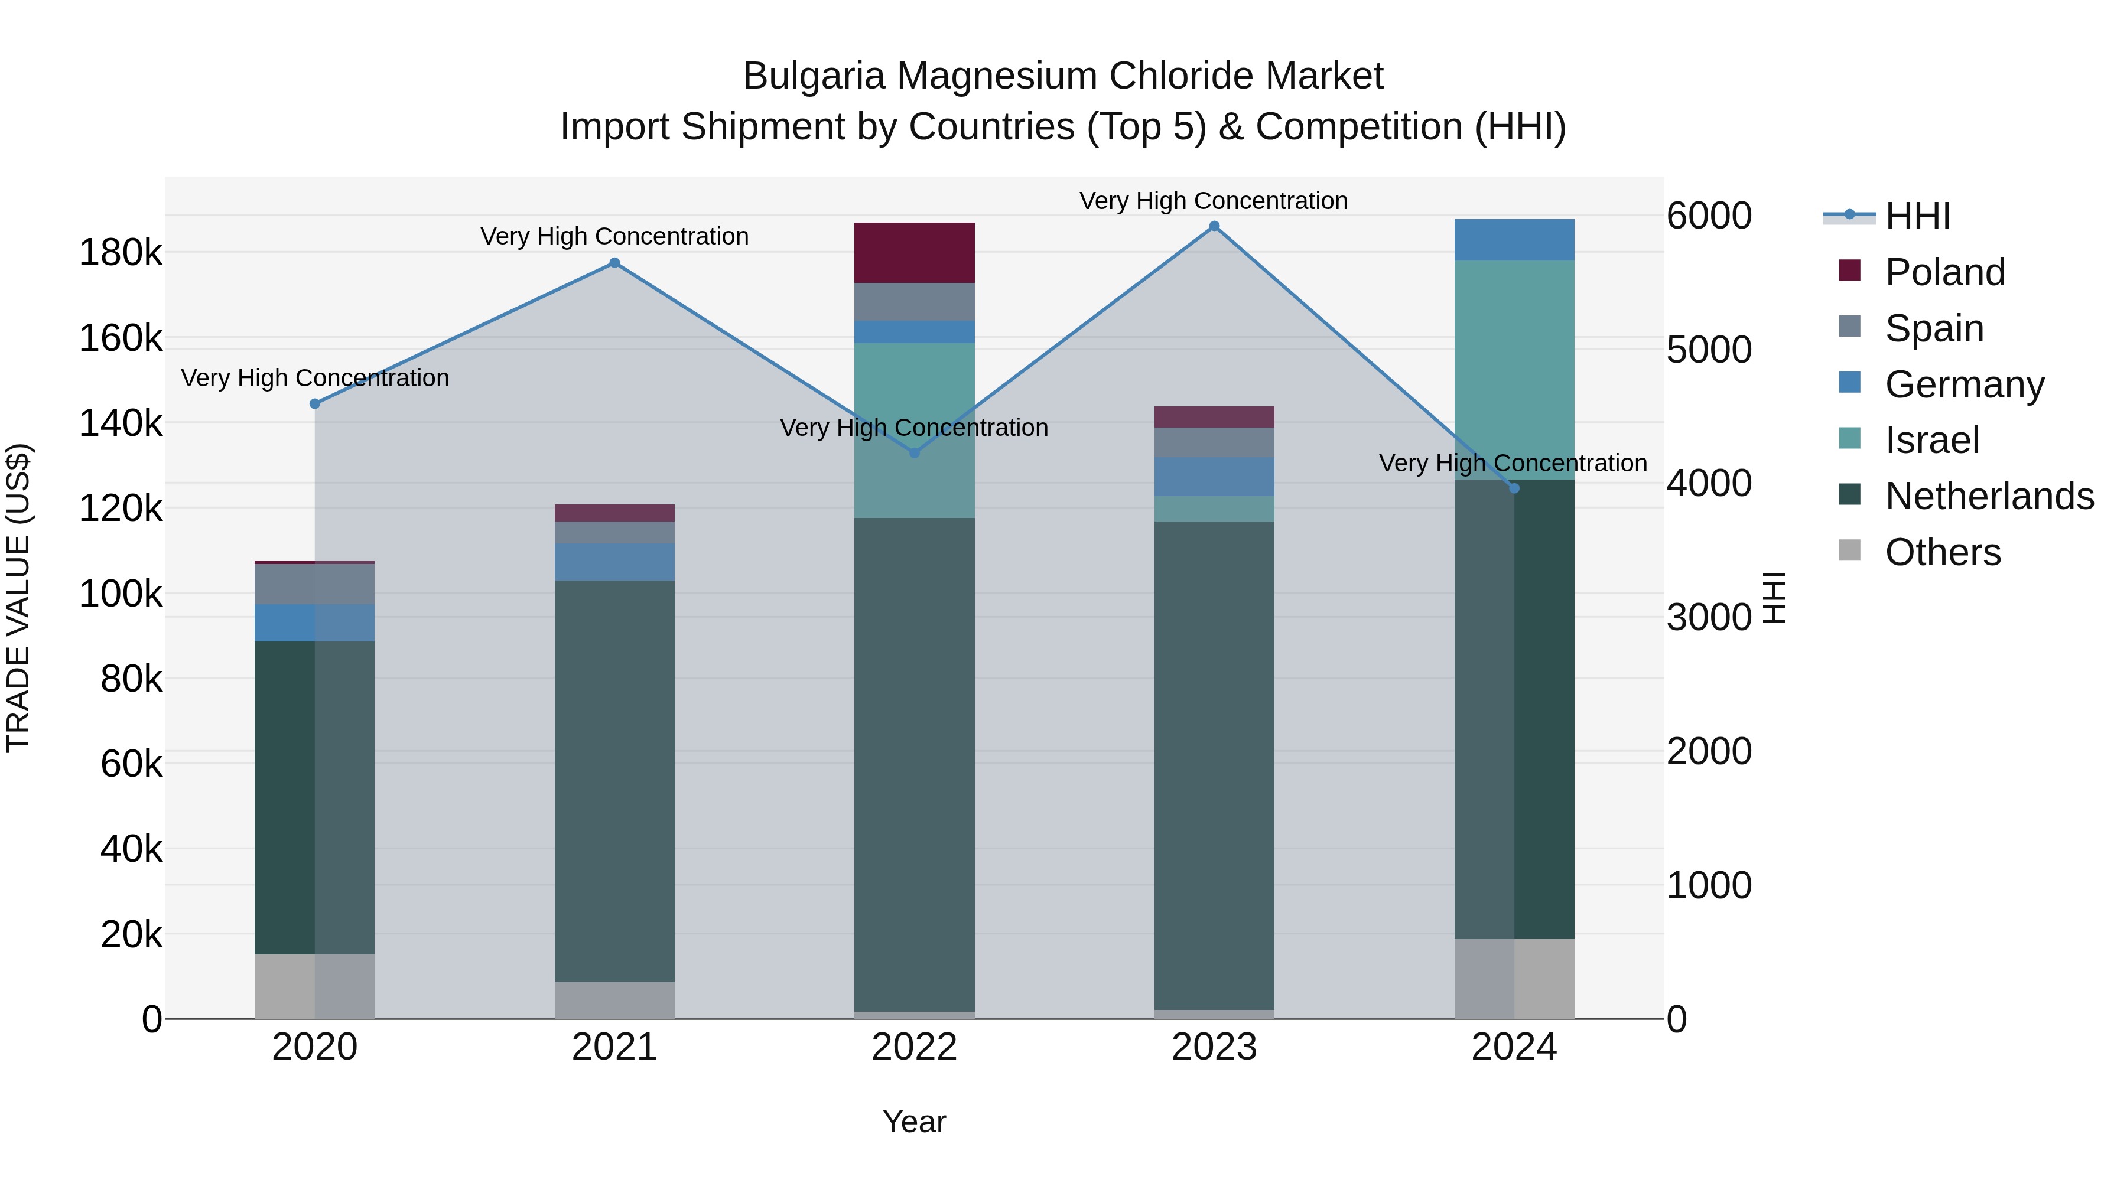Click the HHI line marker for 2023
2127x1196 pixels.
tap(1214, 226)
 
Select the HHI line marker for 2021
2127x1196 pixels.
tap(614, 263)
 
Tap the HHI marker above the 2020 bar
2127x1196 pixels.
tap(314, 403)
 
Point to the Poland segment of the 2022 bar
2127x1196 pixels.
tap(914, 253)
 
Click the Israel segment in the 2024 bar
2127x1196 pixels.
tap(1514, 370)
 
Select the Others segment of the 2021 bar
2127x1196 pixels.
tap(614, 999)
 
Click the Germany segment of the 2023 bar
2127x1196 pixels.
tap(1214, 476)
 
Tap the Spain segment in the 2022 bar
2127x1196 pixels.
tap(914, 302)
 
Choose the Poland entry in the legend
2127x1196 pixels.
tap(1944, 272)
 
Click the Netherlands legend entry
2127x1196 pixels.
tap(1989, 496)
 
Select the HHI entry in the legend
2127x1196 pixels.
tap(1917, 216)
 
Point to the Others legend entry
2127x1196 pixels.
tap(1942, 552)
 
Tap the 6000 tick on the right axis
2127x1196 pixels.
tap(1708, 216)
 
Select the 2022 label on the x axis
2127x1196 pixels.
tap(914, 1047)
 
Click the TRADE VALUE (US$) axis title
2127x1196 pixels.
tap(18, 598)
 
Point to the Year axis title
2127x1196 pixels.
tap(914, 1122)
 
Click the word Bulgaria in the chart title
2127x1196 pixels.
tap(814, 76)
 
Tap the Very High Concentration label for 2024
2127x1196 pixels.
tap(1513, 463)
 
